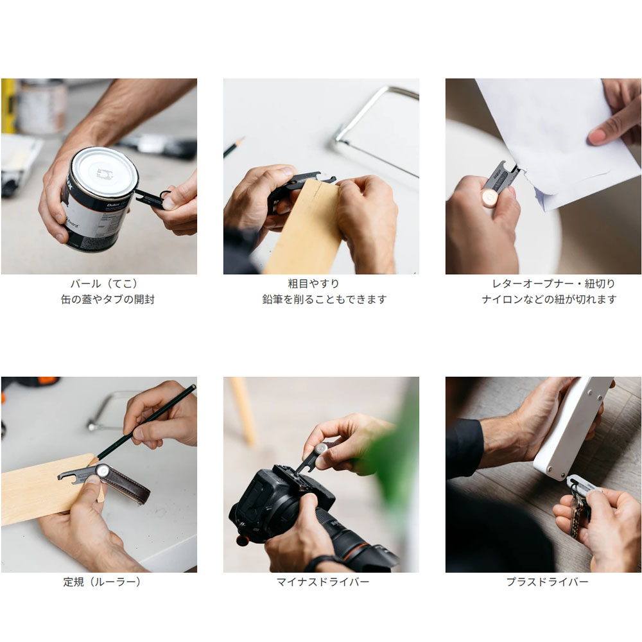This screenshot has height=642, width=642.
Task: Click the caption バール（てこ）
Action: click(x=104, y=284)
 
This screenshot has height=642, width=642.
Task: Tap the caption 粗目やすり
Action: click(x=314, y=284)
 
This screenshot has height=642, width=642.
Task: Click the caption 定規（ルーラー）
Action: click(x=102, y=582)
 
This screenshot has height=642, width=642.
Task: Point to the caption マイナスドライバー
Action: click(x=323, y=582)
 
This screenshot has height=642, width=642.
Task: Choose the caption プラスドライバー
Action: click(x=548, y=582)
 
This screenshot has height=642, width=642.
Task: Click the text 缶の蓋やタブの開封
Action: click(x=108, y=299)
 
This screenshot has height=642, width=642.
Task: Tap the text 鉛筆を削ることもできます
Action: click(x=324, y=299)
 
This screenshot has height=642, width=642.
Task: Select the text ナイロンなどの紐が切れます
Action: click(x=549, y=299)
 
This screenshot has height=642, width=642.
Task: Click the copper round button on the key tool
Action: click(x=490, y=199)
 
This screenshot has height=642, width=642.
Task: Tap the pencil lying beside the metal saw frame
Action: click(x=234, y=148)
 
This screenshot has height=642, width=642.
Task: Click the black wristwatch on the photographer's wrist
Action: click(x=324, y=563)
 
